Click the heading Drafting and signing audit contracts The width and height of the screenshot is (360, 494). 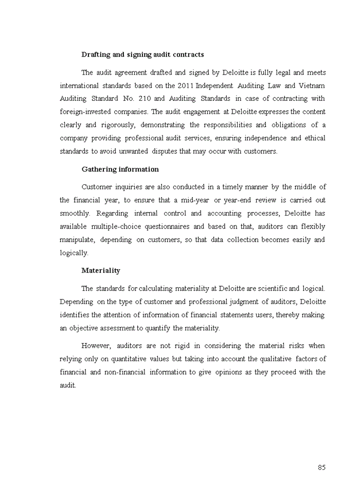(142, 55)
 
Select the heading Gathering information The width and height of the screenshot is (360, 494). (120, 169)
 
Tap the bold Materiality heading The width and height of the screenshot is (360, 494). (101, 270)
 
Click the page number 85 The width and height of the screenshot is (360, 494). (321, 467)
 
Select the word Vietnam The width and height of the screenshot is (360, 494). (313, 85)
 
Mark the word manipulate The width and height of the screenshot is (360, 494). (77, 240)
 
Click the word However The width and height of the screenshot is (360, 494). (96, 345)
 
